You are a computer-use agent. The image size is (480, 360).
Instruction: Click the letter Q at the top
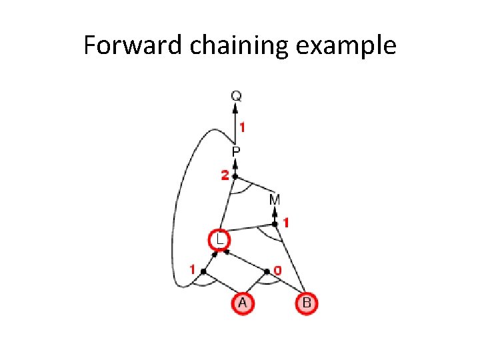[235, 96]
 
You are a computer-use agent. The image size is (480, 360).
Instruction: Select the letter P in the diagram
[236, 152]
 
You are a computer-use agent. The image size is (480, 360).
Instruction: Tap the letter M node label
[274, 199]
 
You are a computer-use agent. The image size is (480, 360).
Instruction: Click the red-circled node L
[218, 239]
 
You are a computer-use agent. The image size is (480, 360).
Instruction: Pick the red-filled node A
[243, 303]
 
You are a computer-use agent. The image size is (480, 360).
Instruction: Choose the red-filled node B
[306, 303]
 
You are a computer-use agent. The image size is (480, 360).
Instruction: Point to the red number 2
[225, 176]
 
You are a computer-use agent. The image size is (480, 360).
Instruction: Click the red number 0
[277, 271]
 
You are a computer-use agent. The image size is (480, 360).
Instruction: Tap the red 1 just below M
[285, 223]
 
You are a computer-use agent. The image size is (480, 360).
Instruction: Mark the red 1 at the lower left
[193, 270]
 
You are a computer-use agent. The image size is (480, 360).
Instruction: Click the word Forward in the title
[124, 46]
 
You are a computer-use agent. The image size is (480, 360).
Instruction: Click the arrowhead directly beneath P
[235, 163]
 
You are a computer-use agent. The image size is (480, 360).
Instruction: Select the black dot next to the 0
[267, 271]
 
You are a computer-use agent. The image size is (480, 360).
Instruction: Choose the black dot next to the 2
[235, 176]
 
